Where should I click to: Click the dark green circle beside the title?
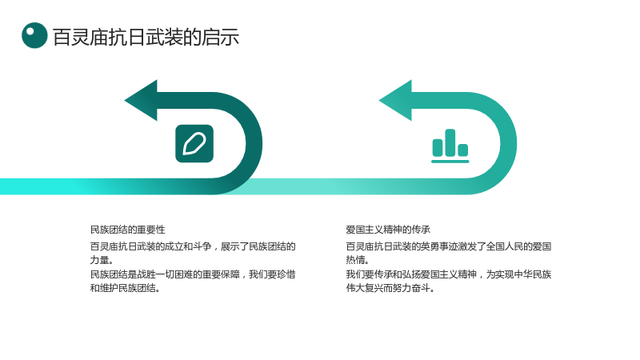(34, 35)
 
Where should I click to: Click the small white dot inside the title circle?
(30, 30)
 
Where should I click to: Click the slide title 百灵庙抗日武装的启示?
(146, 37)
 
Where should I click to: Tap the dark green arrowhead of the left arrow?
(141, 101)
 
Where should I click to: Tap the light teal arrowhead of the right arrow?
(395, 101)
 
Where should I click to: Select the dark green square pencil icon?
(194, 144)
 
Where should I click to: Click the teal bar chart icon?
(450, 146)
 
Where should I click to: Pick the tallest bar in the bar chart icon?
(450, 143)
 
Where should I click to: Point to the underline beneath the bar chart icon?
(450, 162)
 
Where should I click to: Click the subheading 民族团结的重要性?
(128, 230)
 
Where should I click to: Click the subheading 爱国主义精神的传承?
(388, 230)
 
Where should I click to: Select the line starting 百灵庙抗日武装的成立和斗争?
(193, 246)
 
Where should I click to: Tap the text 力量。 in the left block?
(102, 260)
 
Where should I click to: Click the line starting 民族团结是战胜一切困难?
(193, 274)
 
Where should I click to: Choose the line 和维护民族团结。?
(125, 288)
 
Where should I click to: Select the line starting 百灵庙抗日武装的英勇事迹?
(449, 246)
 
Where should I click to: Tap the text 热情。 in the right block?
(358, 260)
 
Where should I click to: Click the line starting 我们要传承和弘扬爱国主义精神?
(449, 274)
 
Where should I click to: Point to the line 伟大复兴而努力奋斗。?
(390, 288)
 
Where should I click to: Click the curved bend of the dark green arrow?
(254, 144)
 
